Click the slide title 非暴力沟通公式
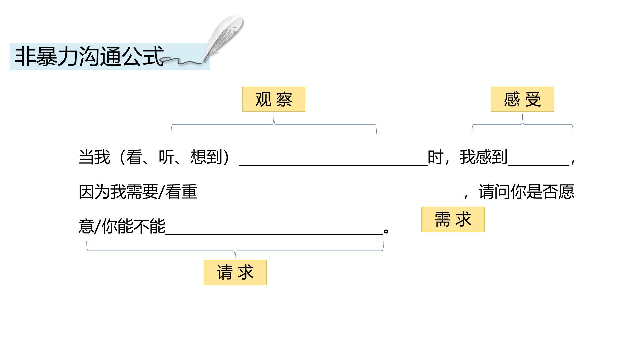coord(89,56)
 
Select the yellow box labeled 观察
coord(274,99)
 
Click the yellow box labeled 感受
coord(522,99)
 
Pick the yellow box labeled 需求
coord(453,220)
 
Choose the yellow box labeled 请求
coord(235,272)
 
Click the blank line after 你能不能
coord(274,233)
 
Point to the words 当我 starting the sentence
coord(94,157)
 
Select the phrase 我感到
coord(483,157)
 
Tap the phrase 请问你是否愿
coord(526,192)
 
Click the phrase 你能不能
coord(133,227)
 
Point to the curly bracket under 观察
coord(274,125)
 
